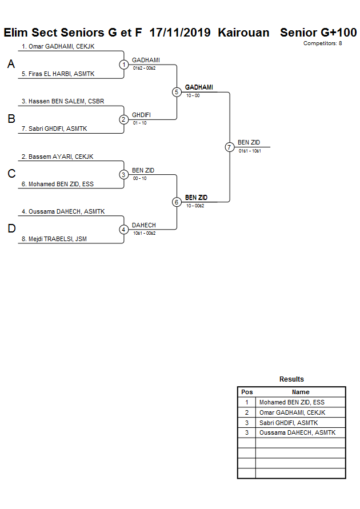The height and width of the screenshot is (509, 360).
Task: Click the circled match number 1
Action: click(124, 65)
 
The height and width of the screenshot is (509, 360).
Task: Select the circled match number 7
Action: click(230, 147)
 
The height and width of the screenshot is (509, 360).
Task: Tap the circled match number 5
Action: click(177, 92)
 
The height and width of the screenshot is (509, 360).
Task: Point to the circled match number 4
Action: click(124, 230)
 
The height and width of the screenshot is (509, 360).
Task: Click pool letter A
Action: click(11, 65)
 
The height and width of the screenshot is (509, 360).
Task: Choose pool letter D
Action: click(11, 229)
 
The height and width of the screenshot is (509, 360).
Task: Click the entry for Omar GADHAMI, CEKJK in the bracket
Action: click(58, 46)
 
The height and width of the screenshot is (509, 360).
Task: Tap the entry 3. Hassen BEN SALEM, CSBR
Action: click(62, 101)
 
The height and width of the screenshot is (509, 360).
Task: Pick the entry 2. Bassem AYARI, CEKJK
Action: click(57, 157)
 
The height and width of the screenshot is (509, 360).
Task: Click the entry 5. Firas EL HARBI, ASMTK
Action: click(57, 74)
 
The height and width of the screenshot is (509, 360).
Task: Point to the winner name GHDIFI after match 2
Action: click(141, 115)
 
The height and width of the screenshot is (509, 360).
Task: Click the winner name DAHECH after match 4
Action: click(143, 225)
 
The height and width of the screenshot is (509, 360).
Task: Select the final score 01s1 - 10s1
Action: click(250, 151)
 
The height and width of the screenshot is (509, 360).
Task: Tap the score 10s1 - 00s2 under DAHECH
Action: click(144, 233)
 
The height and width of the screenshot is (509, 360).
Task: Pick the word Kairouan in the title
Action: click(243, 33)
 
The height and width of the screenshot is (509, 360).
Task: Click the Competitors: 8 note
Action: click(322, 43)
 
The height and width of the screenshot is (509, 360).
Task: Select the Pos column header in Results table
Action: click(247, 392)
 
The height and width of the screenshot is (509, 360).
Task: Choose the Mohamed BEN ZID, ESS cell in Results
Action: click(291, 402)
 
